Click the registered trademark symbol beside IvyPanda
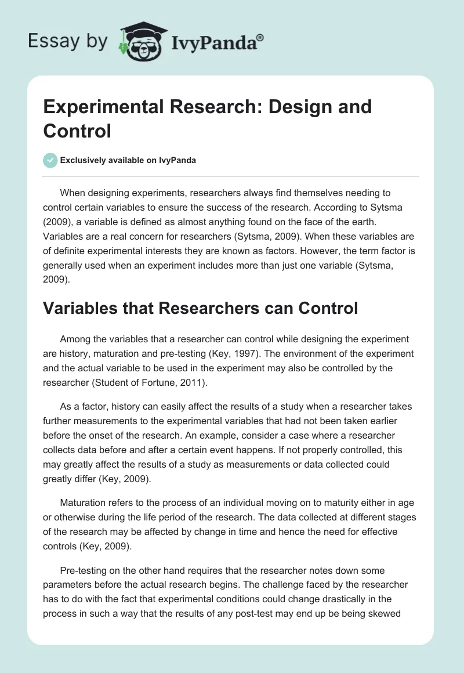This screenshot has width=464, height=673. [x=260, y=38]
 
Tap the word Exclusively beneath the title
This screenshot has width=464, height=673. [x=81, y=161]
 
